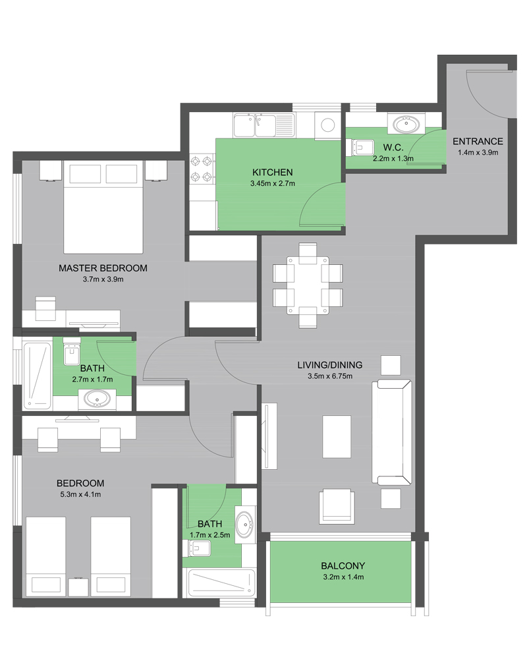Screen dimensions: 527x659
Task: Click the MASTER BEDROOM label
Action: [103, 268]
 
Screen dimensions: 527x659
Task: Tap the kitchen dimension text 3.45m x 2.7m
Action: [273, 183]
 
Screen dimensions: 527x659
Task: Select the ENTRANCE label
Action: [478, 142]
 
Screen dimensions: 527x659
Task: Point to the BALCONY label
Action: [343, 565]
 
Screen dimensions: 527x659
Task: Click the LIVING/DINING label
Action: [330, 365]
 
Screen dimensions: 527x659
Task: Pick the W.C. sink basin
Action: [406, 125]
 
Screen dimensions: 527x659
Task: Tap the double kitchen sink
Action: [254, 126]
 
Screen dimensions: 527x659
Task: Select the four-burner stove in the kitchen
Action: [202, 169]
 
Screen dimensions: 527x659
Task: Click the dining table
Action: [308, 285]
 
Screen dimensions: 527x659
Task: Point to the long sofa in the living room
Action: [392, 432]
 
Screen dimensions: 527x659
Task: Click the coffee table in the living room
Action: [337, 437]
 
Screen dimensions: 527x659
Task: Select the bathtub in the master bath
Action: [38, 376]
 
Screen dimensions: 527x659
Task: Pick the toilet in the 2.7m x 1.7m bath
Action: [71, 351]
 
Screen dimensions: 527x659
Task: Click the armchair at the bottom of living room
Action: [336, 506]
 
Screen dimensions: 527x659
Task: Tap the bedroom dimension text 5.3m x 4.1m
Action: [80, 495]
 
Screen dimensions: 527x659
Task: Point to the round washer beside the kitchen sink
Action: [328, 125]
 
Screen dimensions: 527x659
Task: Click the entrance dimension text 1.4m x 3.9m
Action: [478, 153]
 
